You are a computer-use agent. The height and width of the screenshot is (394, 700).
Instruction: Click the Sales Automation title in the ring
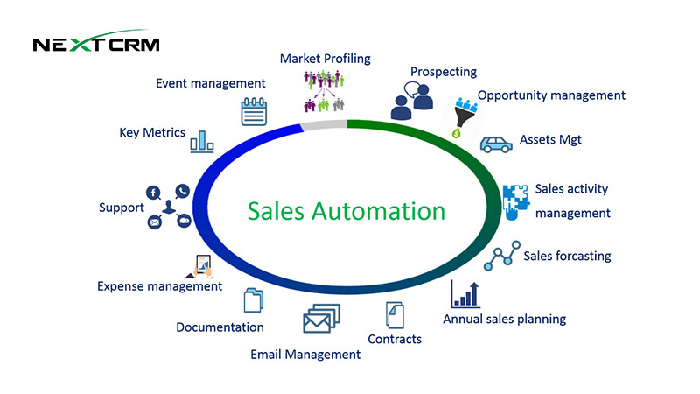346,211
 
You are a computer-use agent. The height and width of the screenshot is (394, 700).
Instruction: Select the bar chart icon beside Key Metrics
202,140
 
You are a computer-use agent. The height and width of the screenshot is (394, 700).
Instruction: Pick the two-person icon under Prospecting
412,101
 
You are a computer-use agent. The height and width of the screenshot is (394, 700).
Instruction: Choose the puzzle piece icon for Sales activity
514,201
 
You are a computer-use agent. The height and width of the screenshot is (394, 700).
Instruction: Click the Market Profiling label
325,59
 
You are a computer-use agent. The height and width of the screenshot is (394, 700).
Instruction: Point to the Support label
121,208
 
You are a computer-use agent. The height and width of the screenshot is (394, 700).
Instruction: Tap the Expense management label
159,285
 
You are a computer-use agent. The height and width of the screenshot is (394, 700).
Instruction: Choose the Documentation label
220,327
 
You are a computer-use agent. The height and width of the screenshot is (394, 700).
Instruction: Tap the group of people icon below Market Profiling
325,91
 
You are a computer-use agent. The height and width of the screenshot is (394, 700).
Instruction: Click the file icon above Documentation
253,301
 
